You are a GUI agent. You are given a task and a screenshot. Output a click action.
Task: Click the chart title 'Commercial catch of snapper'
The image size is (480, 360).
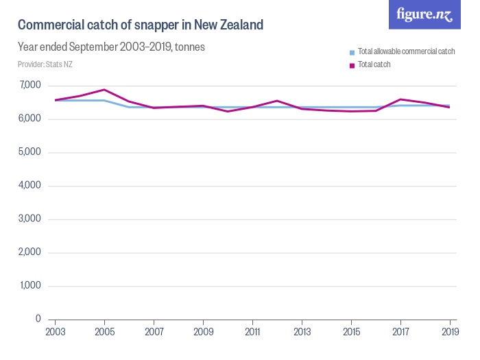point(140,25)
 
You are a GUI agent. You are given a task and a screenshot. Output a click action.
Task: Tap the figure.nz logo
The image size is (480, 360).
point(424,14)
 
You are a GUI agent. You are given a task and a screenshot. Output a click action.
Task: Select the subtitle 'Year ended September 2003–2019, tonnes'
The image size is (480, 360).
point(111,47)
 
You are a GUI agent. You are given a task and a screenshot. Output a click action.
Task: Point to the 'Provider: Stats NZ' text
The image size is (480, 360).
point(45,64)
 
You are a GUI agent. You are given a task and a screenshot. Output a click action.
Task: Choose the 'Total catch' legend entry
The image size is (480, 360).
point(374,64)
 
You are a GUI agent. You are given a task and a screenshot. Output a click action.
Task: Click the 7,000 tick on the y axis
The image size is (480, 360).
point(30,85)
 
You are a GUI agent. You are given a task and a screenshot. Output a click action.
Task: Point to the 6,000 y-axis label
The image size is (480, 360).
point(30,119)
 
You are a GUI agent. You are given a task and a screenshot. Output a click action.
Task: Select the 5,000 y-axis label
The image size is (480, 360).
point(30,152)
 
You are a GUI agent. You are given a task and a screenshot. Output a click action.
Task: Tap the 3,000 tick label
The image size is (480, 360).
point(30,219)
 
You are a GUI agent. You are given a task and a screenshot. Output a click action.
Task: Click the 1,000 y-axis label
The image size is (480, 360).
point(30,286)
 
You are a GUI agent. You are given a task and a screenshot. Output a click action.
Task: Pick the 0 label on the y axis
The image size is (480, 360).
point(38,319)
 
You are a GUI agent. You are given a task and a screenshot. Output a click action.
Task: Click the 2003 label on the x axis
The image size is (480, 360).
point(55,333)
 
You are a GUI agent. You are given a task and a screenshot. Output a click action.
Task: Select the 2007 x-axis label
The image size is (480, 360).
point(154,333)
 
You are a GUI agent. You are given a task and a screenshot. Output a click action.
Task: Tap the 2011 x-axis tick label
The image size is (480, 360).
point(252,333)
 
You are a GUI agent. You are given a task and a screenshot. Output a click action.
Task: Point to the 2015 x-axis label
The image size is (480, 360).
point(351,333)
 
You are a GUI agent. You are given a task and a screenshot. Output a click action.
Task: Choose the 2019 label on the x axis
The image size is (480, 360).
point(449,333)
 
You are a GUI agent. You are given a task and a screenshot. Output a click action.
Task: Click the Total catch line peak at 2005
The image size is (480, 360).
point(104,90)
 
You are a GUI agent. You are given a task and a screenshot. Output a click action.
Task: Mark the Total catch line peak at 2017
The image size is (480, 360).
point(400,99)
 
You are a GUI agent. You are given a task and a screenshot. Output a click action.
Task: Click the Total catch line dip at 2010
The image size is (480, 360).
point(228,111)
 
